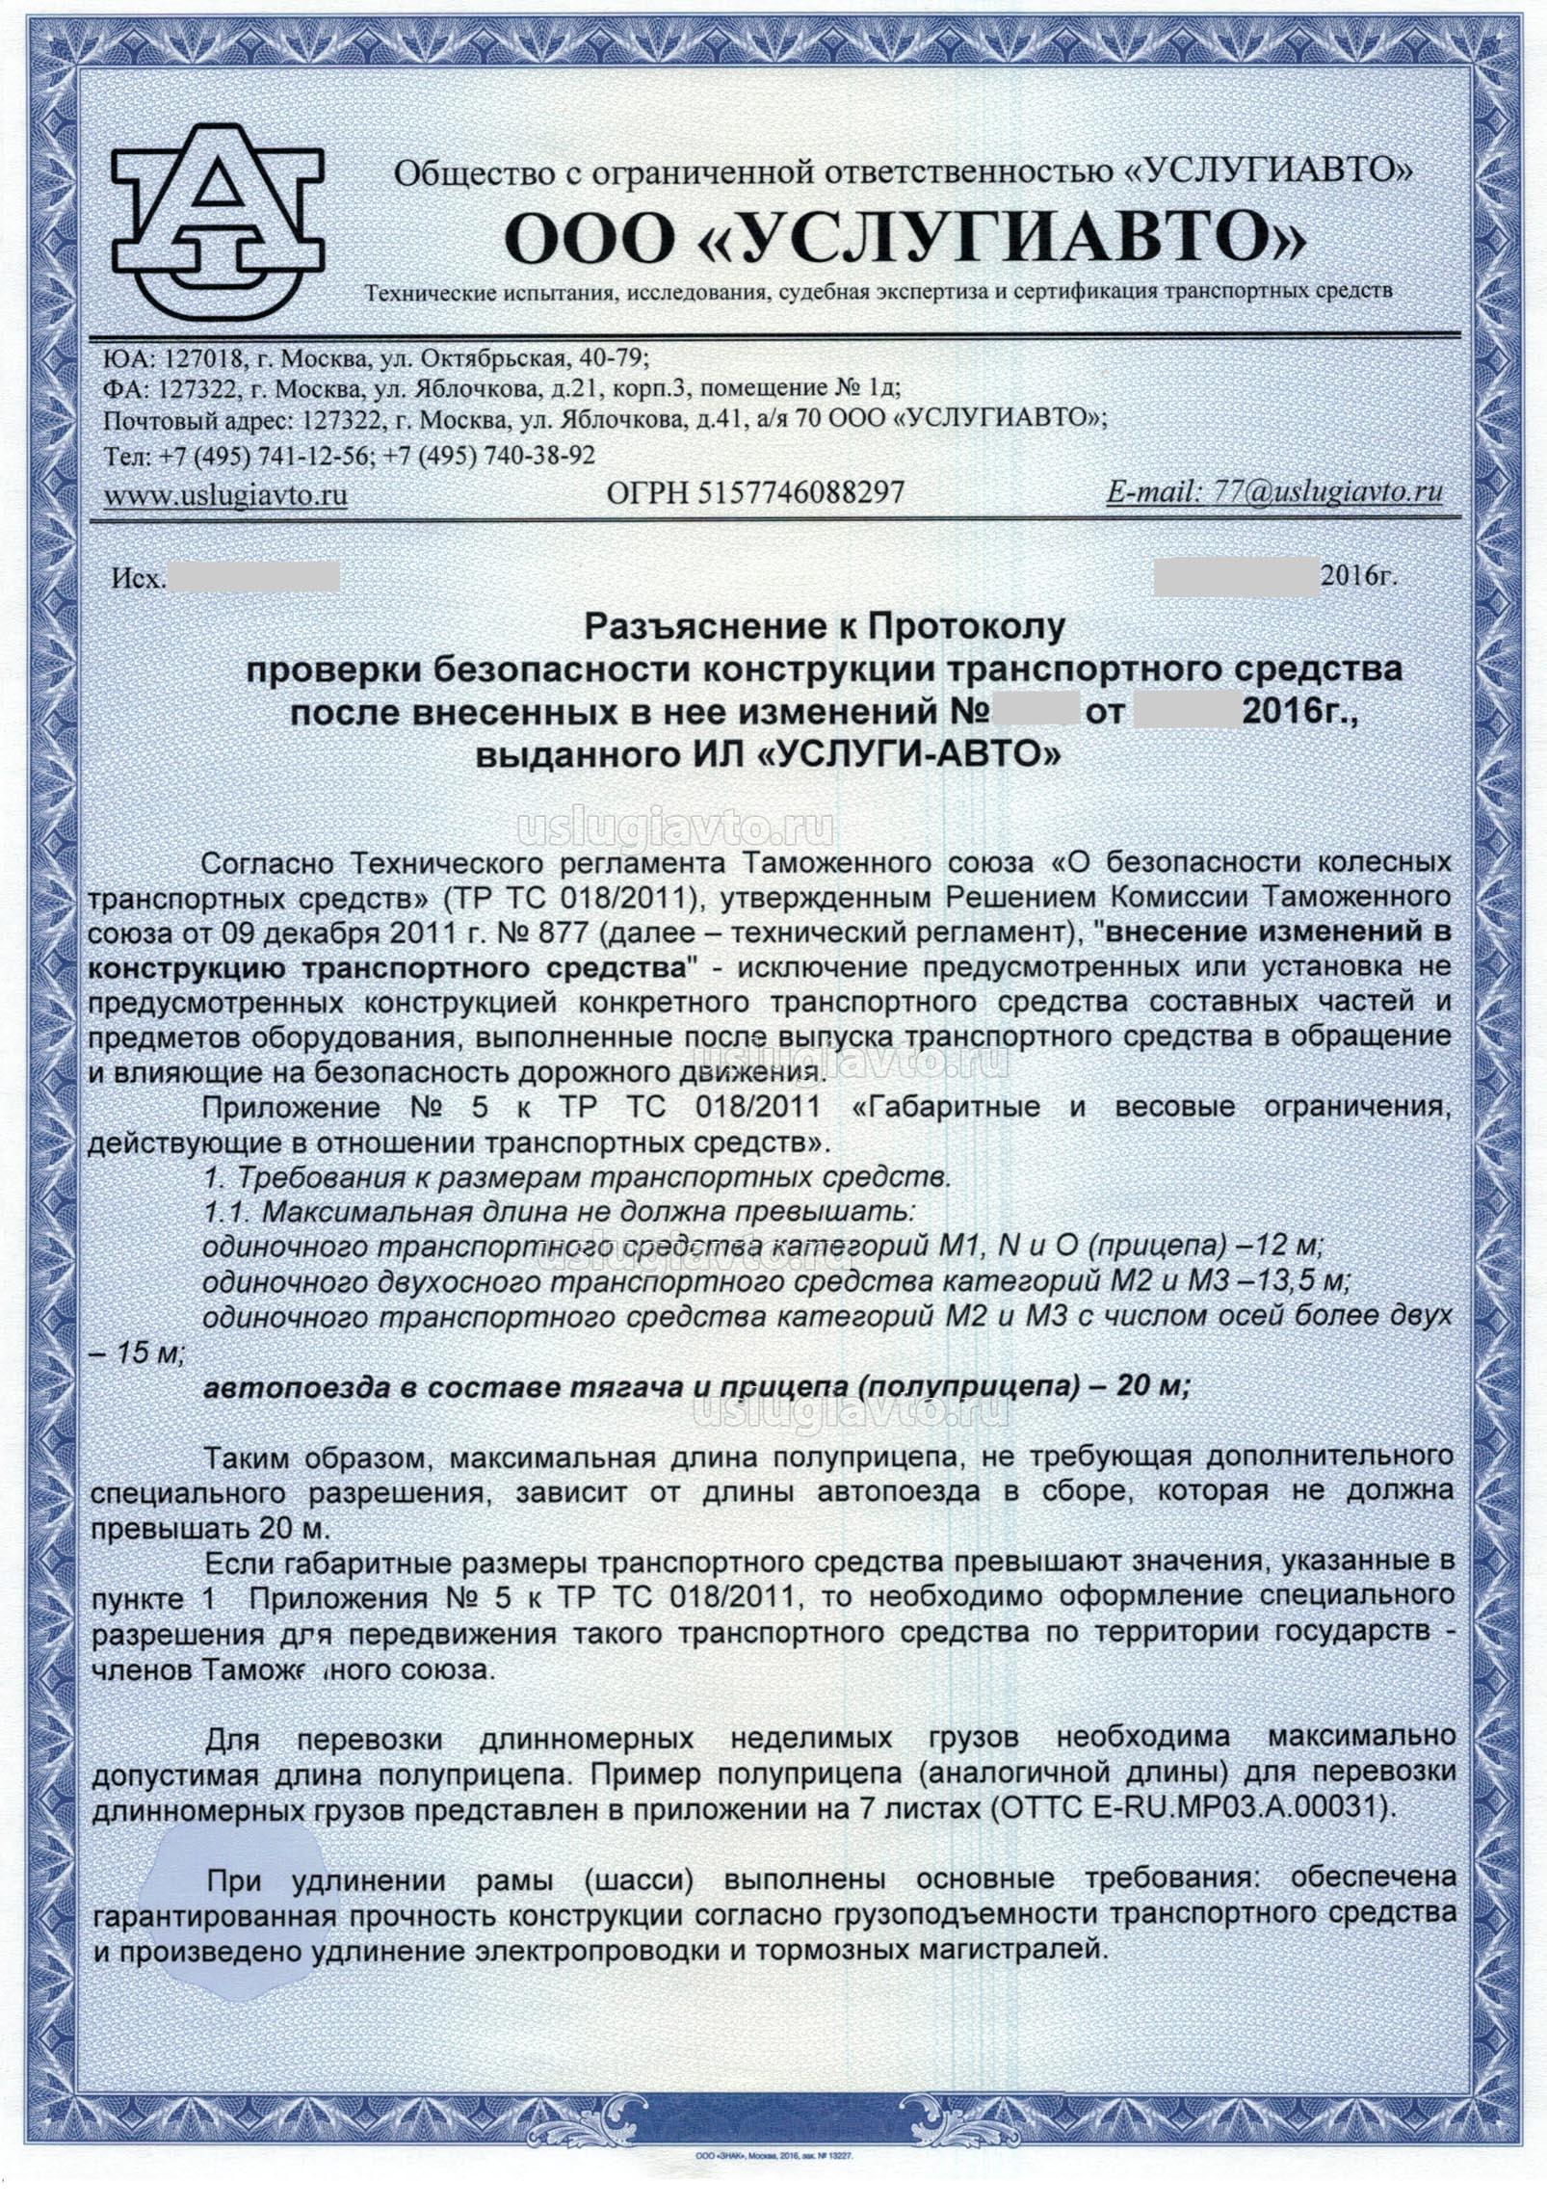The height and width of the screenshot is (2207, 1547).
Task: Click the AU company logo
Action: click(218, 222)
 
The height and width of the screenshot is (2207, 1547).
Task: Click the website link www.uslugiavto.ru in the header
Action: click(225, 495)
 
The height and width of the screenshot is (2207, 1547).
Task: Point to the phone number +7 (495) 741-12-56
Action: click(266, 455)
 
